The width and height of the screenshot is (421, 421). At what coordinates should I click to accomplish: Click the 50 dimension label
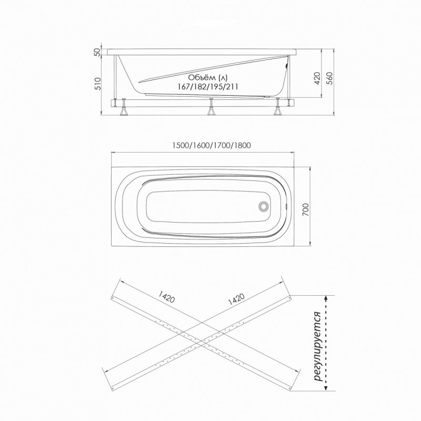coord(98,52)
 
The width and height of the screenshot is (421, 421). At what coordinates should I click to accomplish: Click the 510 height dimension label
coord(97,84)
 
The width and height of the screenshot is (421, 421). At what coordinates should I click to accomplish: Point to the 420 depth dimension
coord(318,78)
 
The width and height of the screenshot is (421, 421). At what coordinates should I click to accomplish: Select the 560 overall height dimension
coord(329,78)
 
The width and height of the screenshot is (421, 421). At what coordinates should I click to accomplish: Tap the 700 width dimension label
coord(306,209)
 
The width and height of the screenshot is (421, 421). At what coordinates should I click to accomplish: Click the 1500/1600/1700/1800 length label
coord(212,145)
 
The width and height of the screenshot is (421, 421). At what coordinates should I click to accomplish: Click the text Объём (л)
coord(207,77)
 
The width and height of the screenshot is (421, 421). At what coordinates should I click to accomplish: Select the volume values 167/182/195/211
coord(208,86)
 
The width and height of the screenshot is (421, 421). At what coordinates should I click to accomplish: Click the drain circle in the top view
coord(264,206)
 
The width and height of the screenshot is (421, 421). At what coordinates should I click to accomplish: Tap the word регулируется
coord(318,346)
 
